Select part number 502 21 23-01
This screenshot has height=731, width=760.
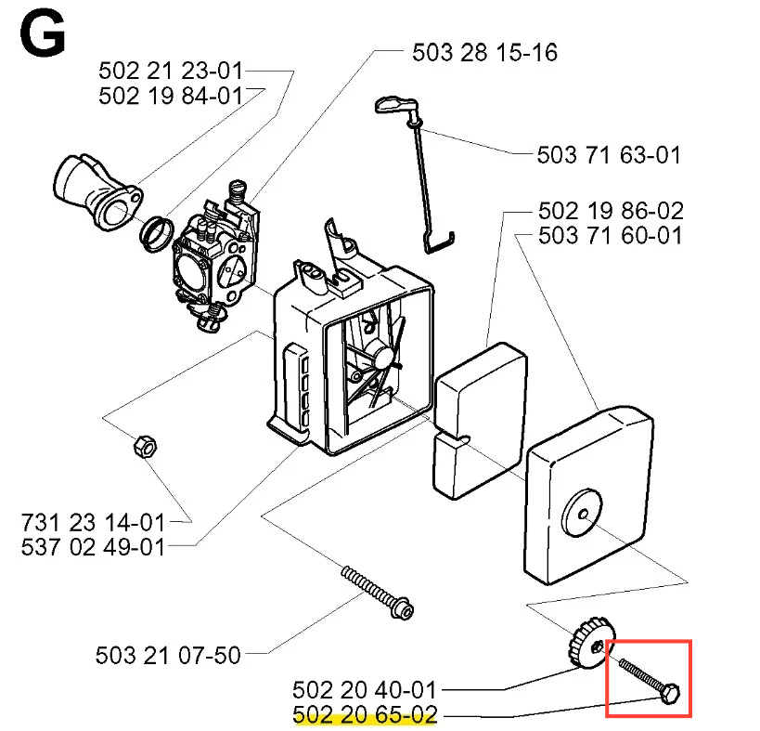coord(170,71)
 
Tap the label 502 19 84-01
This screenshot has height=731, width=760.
coord(170,96)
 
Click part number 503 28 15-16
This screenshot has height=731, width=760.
coord(484,52)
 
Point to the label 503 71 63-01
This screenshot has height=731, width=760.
coord(609,155)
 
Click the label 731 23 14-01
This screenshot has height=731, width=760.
coord(93,522)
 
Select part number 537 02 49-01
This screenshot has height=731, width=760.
coord(93,547)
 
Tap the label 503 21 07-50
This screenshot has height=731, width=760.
coord(168,656)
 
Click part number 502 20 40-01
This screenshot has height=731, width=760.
coord(364,690)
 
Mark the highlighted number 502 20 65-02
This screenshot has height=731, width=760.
coord(364,716)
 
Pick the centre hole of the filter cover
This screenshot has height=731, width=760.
coord(583,509)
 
